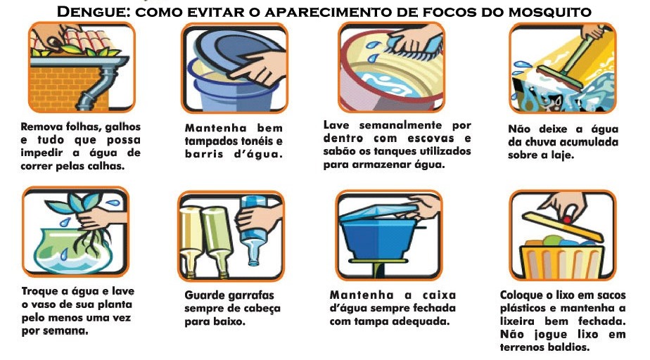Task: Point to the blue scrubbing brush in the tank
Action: (x=414, y=49)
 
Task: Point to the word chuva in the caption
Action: (x=542, y=142)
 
